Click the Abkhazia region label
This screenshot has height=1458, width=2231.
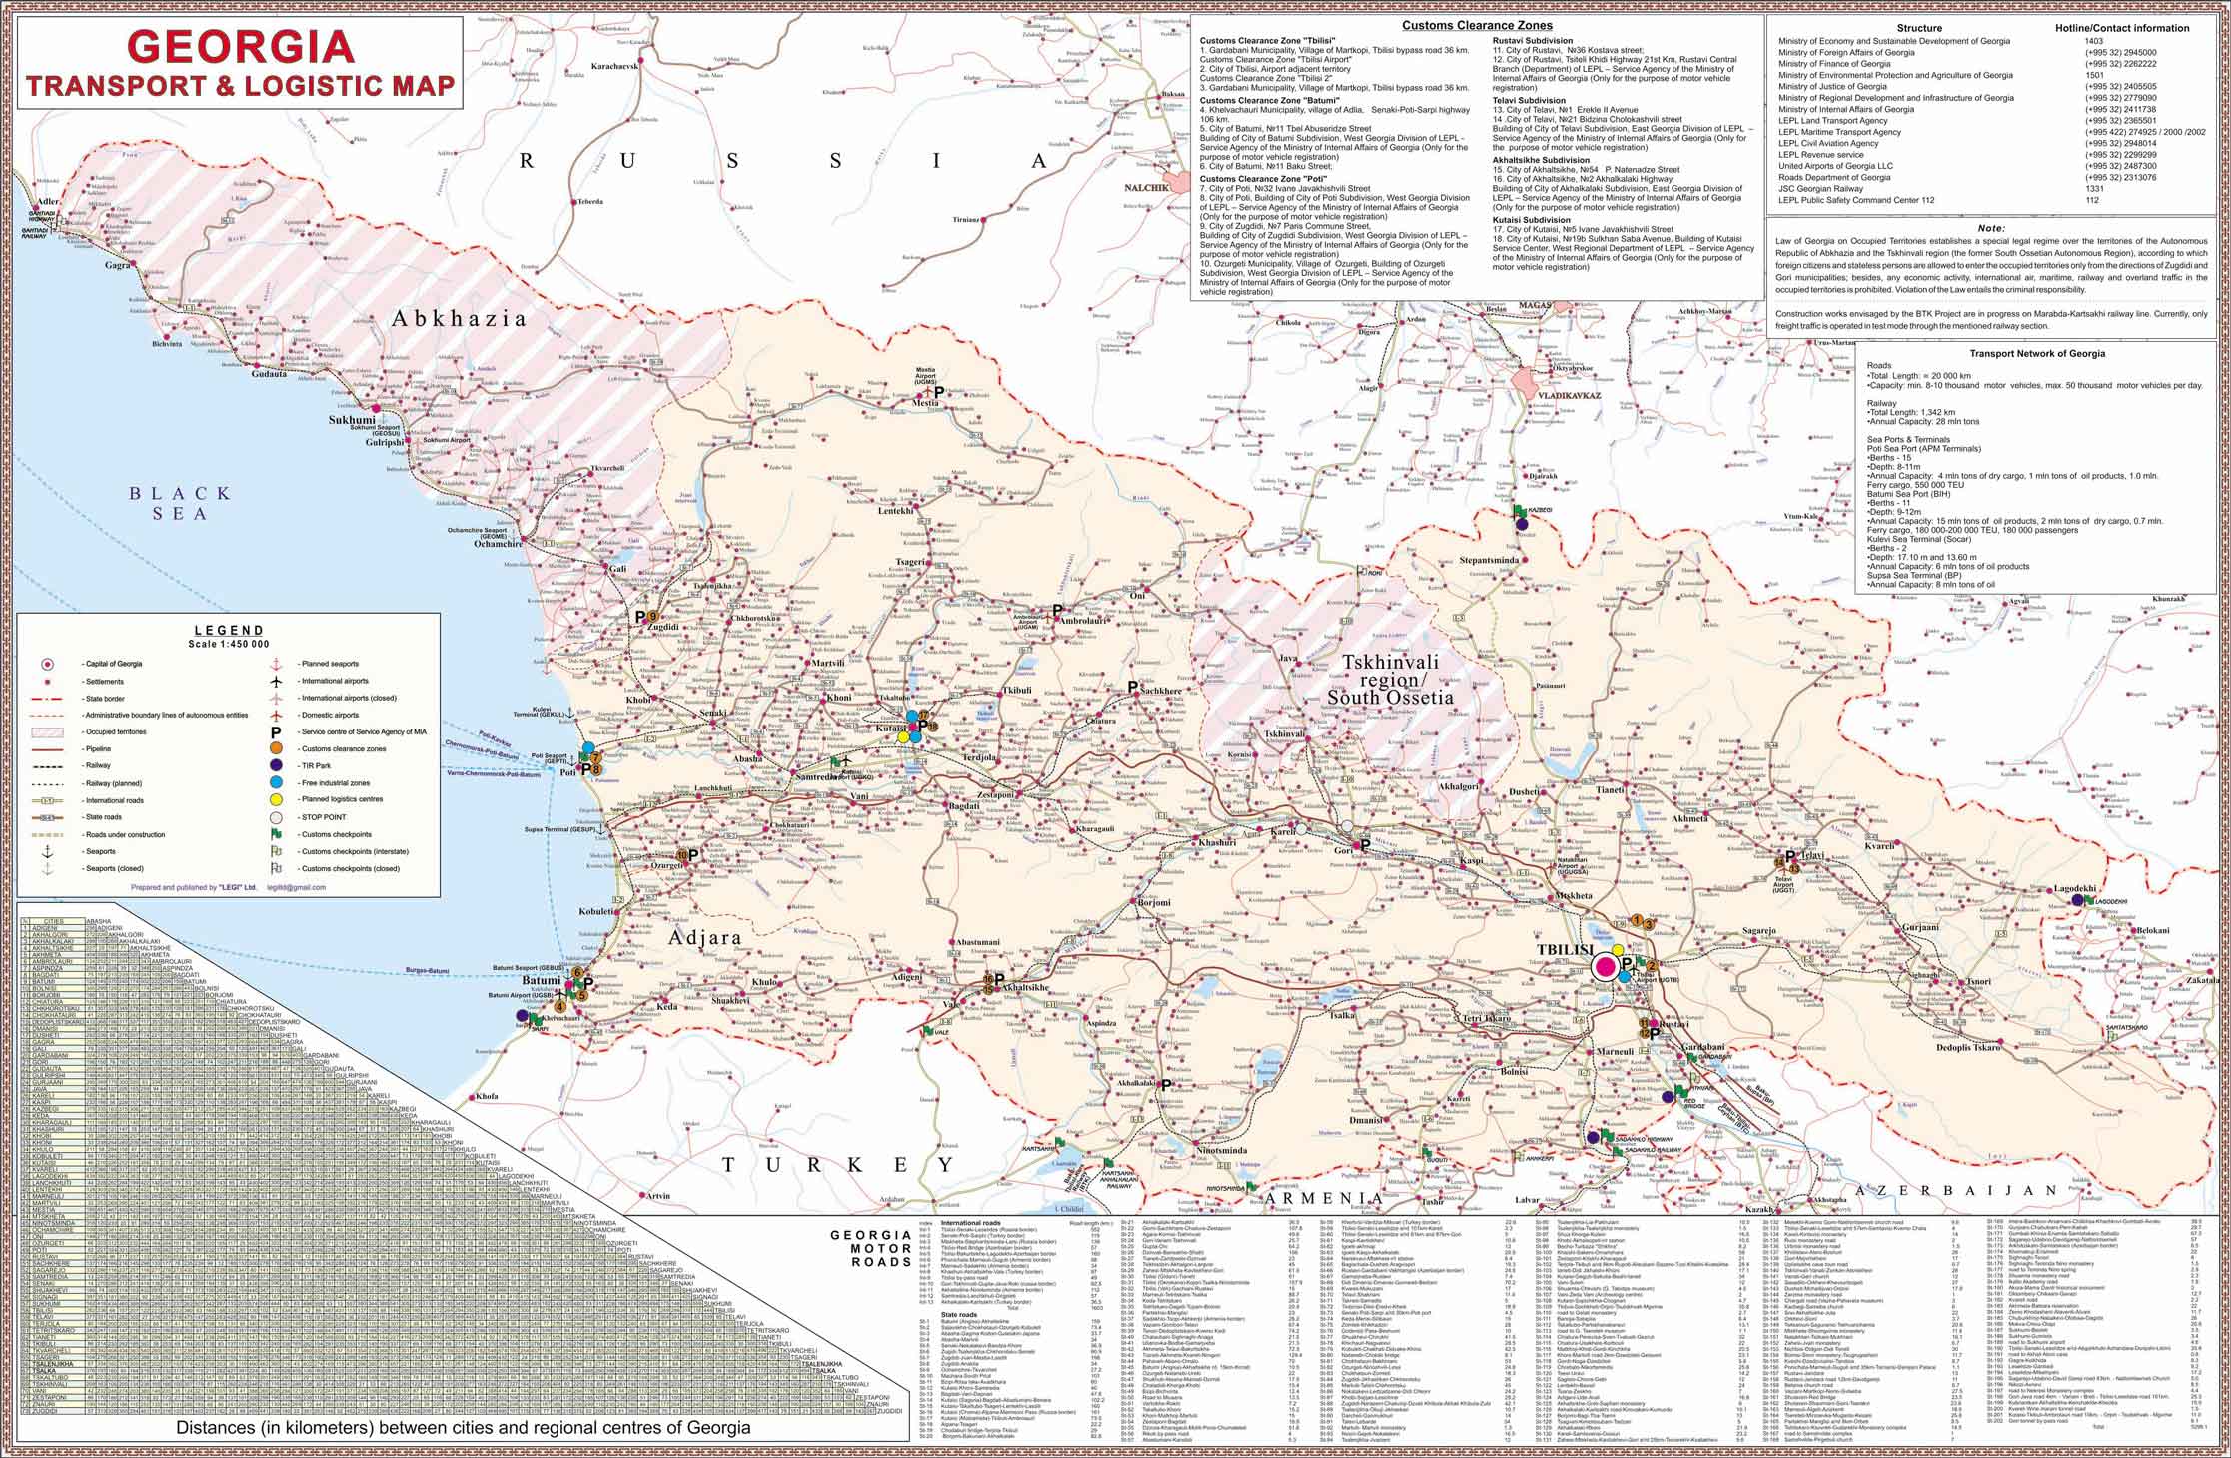(459, 319)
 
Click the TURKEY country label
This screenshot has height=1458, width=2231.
(839, 1165)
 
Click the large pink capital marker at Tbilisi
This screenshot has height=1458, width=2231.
(1606, 966)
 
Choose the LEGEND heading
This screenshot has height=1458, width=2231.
(229, 630)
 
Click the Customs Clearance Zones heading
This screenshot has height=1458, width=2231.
(1477, 25)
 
